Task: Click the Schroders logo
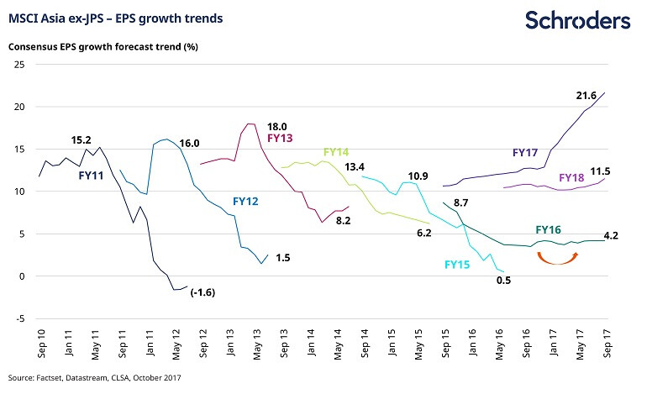coord(577,20)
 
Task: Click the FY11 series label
coord(92,175)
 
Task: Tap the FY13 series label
coord(281,137)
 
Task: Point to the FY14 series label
coord(336,152)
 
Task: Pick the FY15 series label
coord(459,265)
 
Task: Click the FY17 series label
coord(526,153)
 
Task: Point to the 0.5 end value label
coord(504,281)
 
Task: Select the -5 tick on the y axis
coord(16,318)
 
